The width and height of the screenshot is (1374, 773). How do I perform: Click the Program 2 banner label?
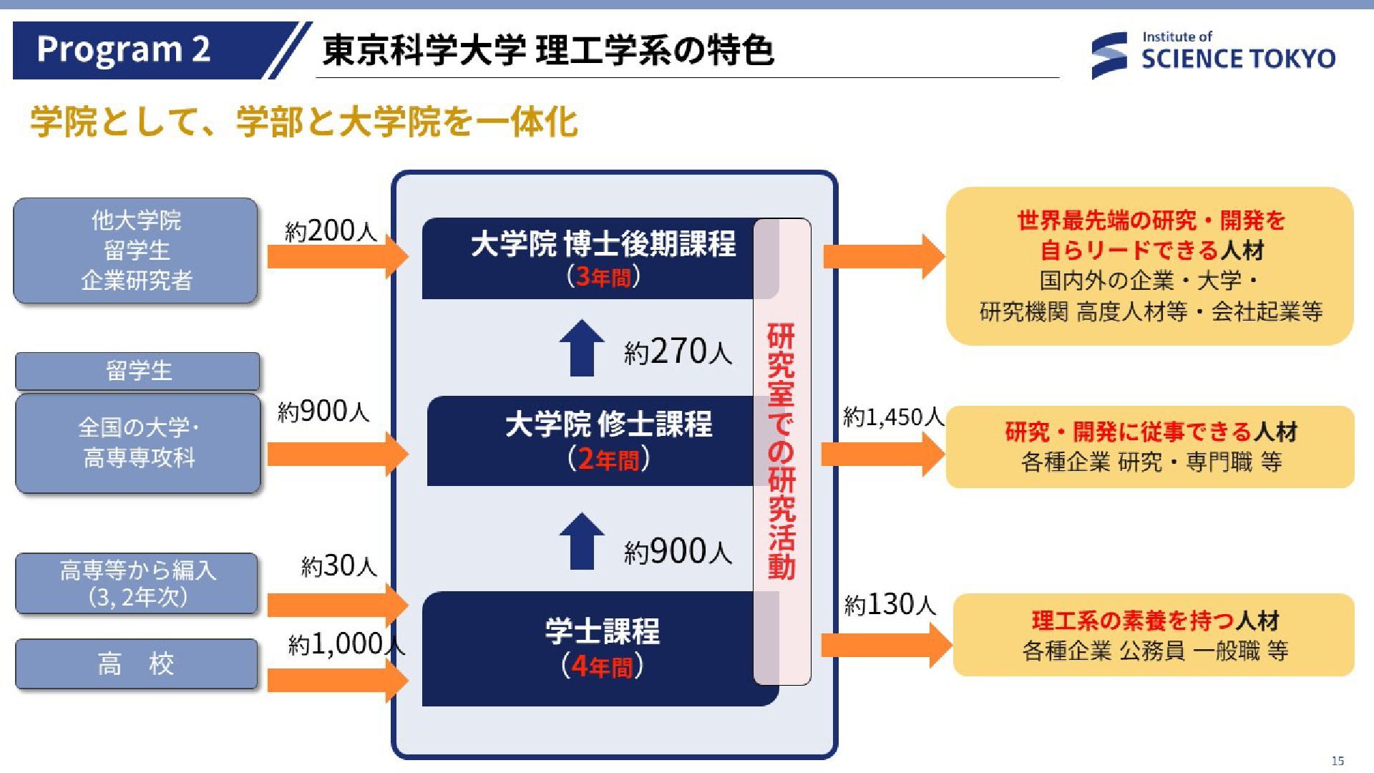124,49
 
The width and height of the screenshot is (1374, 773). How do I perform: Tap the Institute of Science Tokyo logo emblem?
1109,55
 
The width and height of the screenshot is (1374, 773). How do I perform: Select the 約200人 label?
331,230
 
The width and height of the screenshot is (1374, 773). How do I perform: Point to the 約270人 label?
678,351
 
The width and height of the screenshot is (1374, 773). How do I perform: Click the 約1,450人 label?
893,416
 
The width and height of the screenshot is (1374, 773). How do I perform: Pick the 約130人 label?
890,605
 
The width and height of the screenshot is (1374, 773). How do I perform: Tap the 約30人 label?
338,566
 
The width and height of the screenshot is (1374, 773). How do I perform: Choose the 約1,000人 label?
346,644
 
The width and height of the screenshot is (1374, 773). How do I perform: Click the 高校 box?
136,664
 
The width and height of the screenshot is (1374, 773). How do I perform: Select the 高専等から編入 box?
136,583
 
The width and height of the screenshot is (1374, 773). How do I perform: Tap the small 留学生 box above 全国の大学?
137,371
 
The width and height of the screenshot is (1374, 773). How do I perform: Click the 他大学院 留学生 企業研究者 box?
135,251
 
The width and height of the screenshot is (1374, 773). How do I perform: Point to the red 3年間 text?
603,277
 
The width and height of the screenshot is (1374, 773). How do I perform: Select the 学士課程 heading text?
602,631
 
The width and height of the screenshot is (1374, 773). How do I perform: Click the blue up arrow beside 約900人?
582,541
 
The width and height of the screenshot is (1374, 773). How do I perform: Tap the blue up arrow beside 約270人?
582,348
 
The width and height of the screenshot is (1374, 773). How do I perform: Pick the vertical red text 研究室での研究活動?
781,451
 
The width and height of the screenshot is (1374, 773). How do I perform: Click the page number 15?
1338,761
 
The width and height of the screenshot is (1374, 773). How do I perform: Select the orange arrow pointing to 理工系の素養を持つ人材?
886,645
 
